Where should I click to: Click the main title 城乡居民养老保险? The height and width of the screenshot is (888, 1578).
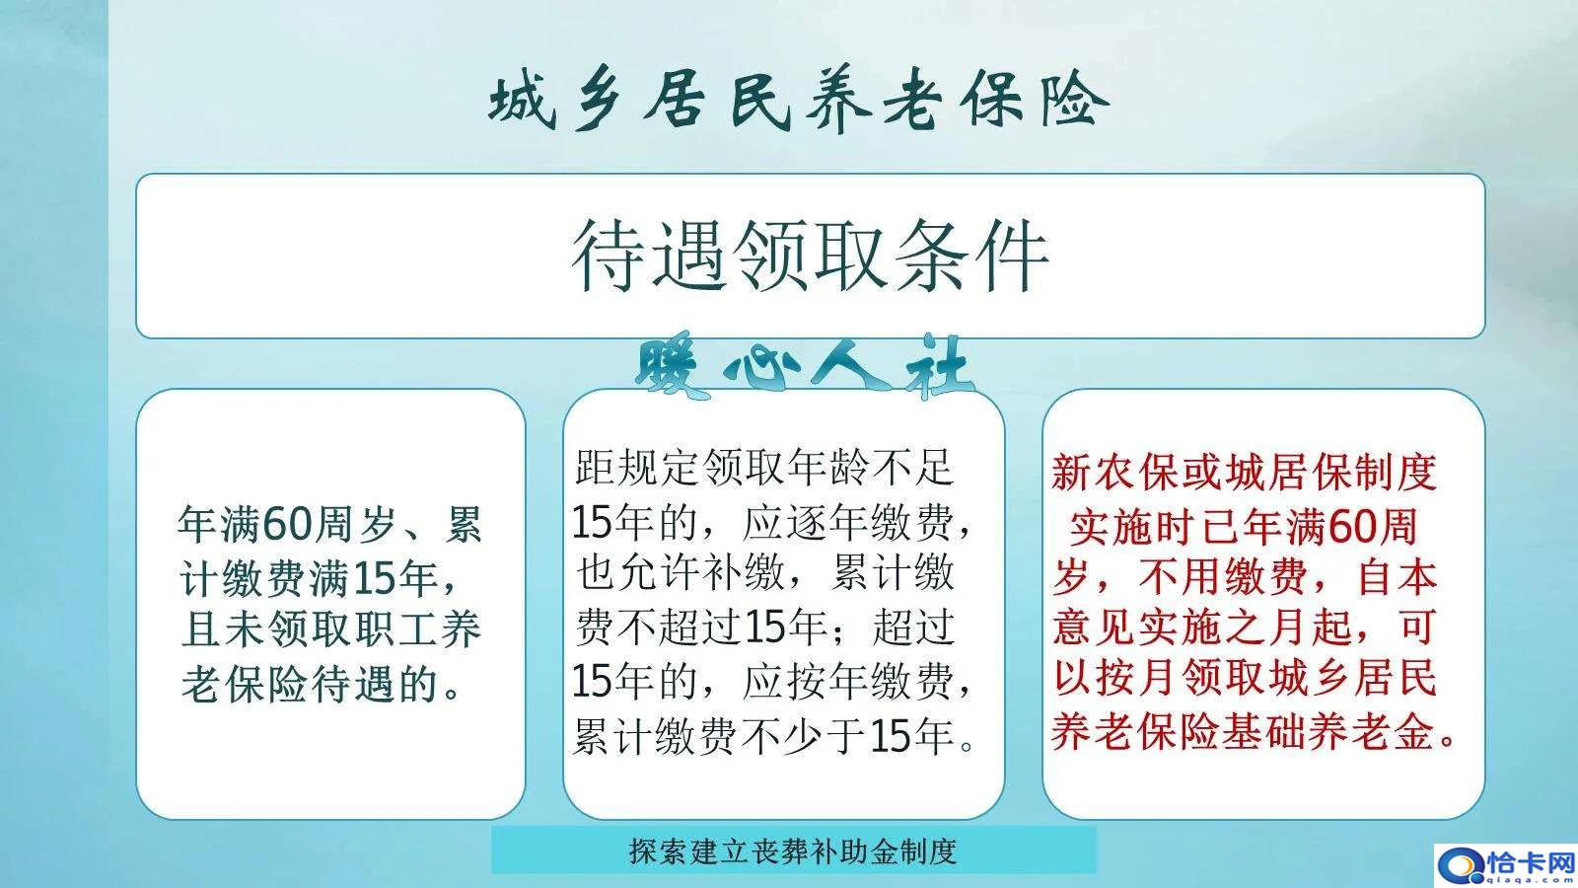[x=798, y=102]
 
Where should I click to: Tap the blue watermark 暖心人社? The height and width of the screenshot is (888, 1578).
[x=803, y=369]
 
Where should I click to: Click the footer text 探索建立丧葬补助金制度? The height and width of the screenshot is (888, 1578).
[x=793, y=851]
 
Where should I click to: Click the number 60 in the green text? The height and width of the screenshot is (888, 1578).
[x=287, y=524]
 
